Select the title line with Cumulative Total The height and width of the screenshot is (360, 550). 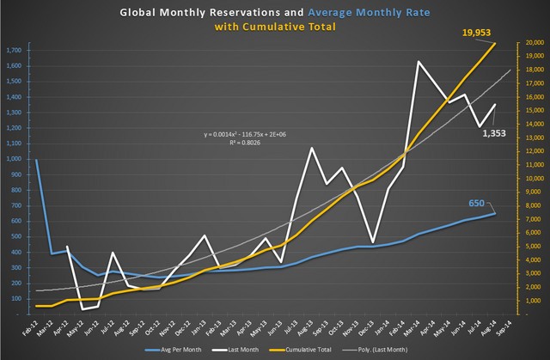pyautogui.click(x=276, y=27)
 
